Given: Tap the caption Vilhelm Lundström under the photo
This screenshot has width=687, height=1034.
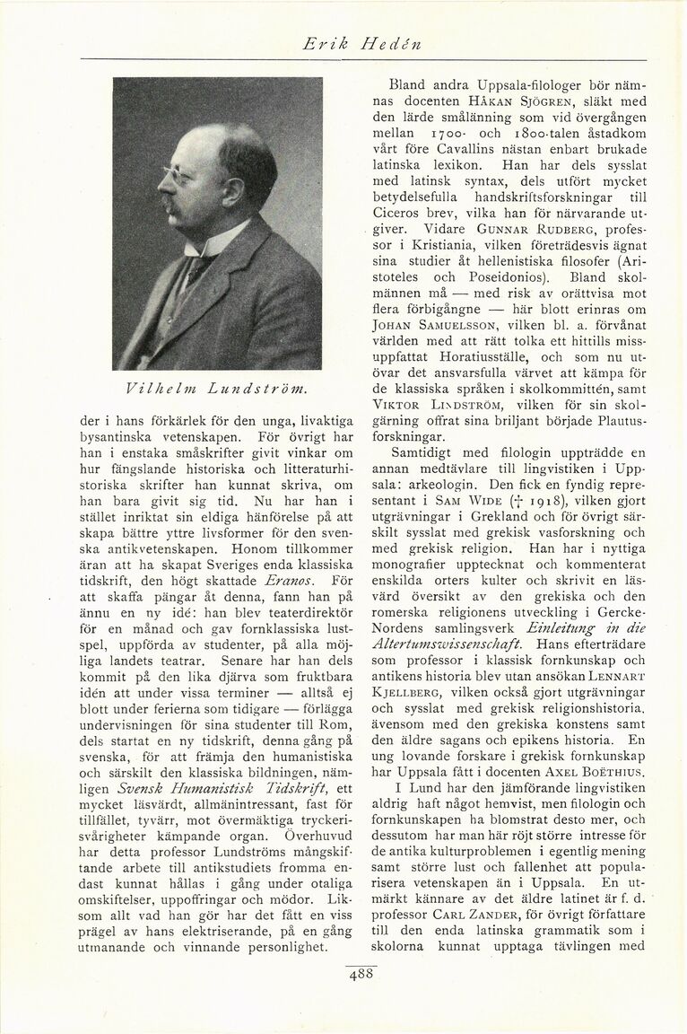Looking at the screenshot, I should pyautogui.click(x=217, y=387).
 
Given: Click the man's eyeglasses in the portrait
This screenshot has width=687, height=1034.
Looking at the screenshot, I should pyautogui.click(x=177, y=176).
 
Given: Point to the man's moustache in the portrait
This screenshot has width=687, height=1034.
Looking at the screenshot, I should pyautogui.click(x=170, y=205).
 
